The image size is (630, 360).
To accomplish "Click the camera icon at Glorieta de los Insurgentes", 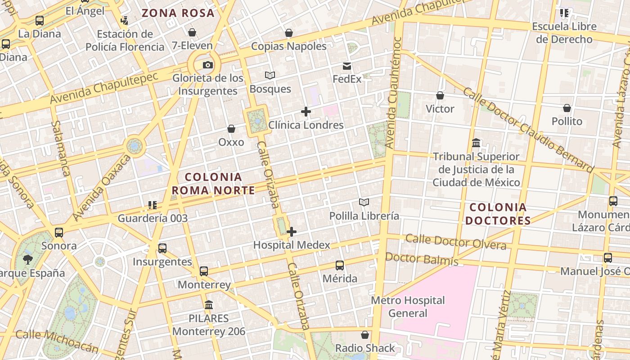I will [207, 65].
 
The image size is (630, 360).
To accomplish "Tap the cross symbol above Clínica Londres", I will [306, 112].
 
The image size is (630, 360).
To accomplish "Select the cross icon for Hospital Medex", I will [292, 232].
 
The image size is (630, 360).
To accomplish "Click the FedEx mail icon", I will [347, 66].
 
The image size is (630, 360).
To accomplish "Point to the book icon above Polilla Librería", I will [364, 202].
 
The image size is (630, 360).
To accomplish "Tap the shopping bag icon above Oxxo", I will [231, 129].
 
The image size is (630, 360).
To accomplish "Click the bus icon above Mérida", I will [340, 265].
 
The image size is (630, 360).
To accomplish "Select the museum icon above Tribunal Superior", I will [476, 143].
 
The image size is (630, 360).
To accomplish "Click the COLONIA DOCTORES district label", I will [498, 214].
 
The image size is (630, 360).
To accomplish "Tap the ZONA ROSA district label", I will [178, 13].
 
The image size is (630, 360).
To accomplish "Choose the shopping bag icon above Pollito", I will [567, 108].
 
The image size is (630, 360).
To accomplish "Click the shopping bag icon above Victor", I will [440, 95].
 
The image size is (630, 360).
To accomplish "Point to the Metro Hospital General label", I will [408, 306].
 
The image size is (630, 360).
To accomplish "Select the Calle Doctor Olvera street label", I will [455, 241].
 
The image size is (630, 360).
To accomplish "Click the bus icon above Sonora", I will [59, 233].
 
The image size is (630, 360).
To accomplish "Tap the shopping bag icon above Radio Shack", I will [365, 335].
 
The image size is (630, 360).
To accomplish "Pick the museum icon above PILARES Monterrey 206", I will [209, 305].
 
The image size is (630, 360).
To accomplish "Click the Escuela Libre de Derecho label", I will [564, 33].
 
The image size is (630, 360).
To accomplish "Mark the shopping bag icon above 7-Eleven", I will [192, 32].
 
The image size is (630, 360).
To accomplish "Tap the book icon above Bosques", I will [270, 75].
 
